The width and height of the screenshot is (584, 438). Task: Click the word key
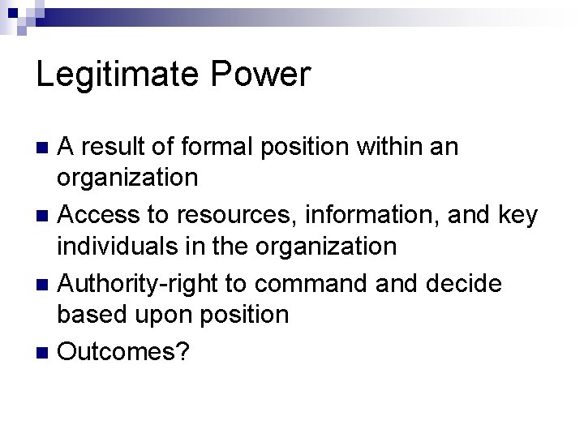pos(517,216)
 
